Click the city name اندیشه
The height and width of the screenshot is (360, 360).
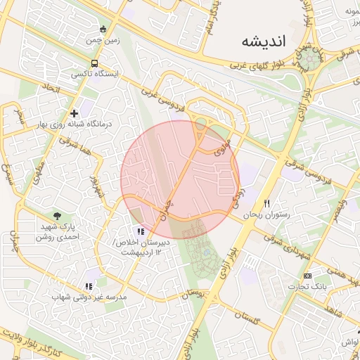pyautogui.click(x=264, y=41)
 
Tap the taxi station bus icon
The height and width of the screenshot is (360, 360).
pyautogui.click(x=95, y=63)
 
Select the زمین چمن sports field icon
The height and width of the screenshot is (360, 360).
pyautogui.click(x=103, y=30)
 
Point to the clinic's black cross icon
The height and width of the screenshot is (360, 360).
pyautogui.click(x=74, y=113)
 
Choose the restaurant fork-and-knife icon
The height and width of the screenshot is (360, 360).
pyautogui.click(x=266, y=204)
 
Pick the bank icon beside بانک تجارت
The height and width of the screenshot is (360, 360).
pyautogui.click(x=307, y=275)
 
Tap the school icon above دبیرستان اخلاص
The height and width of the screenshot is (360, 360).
pyautogui.click(x=141, y=231)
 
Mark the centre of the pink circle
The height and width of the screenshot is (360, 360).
pyautogui.click(x=180, y=179)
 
